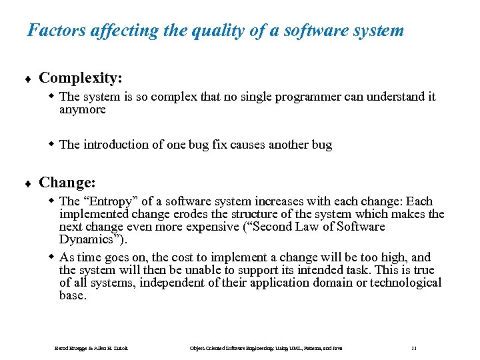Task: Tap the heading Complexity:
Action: [80, 78]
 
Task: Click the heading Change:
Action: [67, 182]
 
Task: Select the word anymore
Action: [82, 109]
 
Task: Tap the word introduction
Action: [116, 145]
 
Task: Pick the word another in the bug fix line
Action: [289, 145]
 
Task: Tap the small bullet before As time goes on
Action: [52, 257]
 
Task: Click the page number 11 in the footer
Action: [413, 348]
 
